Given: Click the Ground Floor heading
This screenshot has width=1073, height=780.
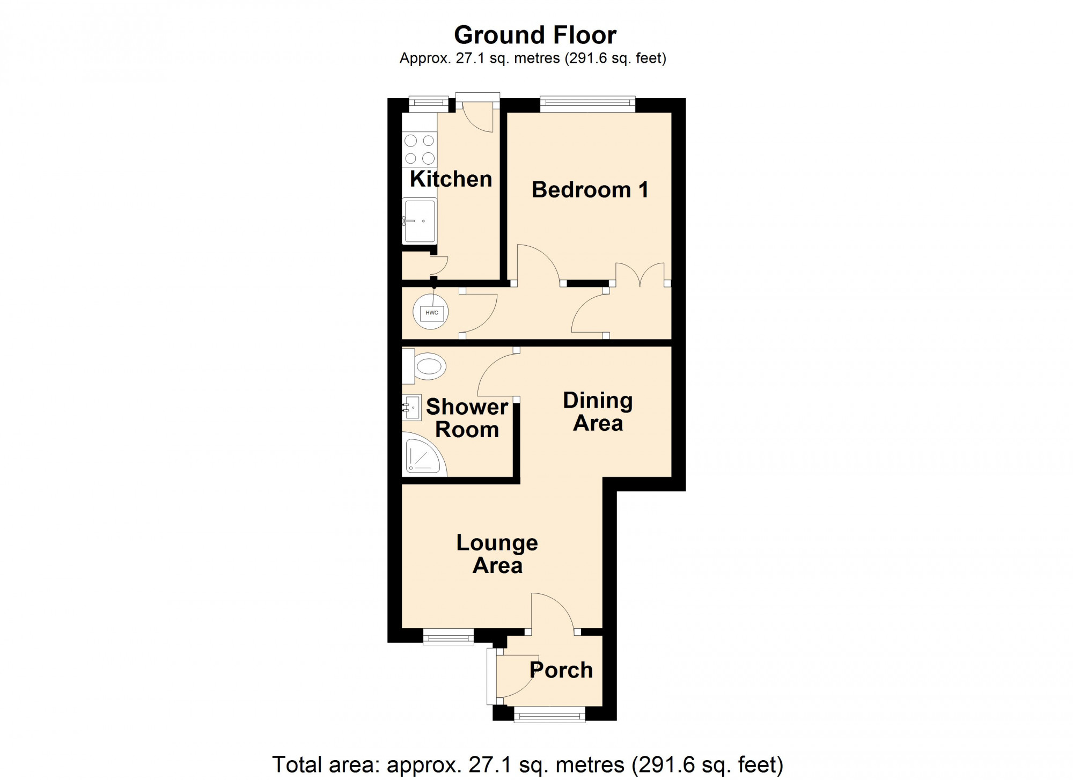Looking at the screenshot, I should click(x=535, y=35).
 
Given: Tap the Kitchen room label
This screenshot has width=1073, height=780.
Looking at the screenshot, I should click(x=451, y=179).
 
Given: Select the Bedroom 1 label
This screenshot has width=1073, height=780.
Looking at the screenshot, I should click(x=590, y=190).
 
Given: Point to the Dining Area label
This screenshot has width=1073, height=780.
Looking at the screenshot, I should click(x=598, y=411).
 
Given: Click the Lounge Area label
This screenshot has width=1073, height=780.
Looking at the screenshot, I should click(x=497, y=554).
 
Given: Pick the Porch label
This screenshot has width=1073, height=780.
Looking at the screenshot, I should click(x=561, y=670).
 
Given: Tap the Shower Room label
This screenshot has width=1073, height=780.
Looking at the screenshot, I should click(x=467, y=418).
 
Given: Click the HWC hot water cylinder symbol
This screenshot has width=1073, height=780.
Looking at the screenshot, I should click(x=431, y=313).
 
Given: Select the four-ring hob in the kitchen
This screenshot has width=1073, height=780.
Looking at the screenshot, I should click(x=420, y=149).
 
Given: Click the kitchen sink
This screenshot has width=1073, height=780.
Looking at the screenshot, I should click(x=420, y=221).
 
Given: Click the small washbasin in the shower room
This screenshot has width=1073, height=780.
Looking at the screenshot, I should click(x=412, y=408).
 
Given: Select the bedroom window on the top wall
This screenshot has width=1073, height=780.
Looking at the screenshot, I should click(x=587, y=104).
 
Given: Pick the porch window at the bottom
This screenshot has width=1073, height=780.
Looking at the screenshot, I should click(x=549, y=714).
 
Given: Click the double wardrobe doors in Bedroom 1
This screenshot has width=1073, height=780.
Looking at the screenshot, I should click(x=640, y=274).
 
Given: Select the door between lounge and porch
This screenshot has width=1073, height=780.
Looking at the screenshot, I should click(x=554, y=614).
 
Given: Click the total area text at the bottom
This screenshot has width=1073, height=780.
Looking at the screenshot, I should click(x=527, y=764).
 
